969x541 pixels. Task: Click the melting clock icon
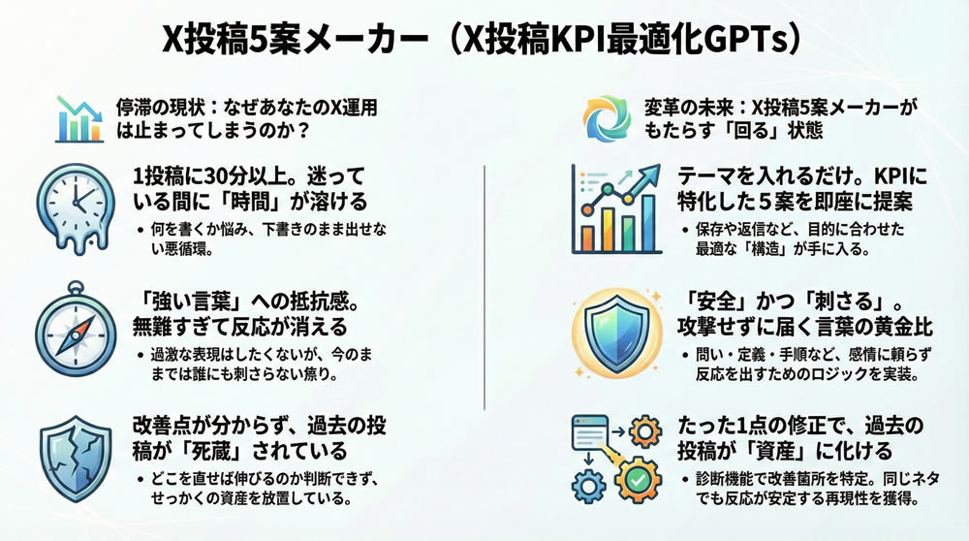click(76, 207)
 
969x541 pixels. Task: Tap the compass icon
click(76, 330)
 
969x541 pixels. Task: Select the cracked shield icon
click(76, 458)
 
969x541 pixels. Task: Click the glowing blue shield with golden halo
click(616, 333)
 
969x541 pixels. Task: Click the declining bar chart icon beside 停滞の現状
click(79, 119)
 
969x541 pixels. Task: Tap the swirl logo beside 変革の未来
click(608, 118)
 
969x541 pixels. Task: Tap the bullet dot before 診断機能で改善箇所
click(685, 480)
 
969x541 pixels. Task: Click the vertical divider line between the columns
click(484, 288)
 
